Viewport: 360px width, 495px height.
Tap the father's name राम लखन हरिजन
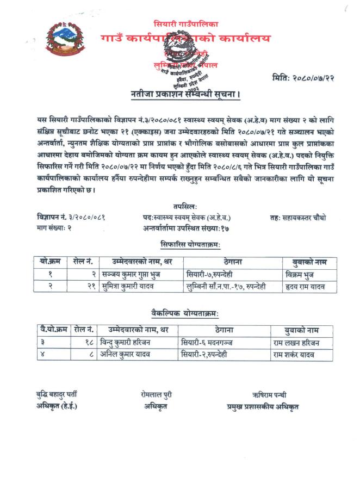pyautogui.click(x=297, y=343)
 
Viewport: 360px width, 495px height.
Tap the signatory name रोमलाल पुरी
pyautogui.click(x=156, y=395)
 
